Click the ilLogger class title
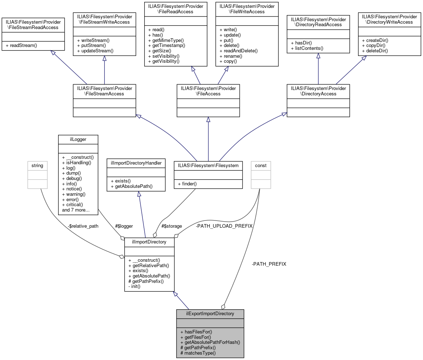tap(78, 139)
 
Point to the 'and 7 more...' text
tap(76, 210)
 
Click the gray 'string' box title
tap(37, 166)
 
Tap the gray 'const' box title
tap(260, 166)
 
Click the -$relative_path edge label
tap(83, 226)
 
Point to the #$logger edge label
tap(124, 226)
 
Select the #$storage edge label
tap(171, 226)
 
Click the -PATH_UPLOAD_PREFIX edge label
tap(224, 226)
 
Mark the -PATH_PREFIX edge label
tap(269, 264)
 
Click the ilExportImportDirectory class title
tap(210, 314)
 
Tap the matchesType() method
tap(198, 353)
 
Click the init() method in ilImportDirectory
tap(135, 286)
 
